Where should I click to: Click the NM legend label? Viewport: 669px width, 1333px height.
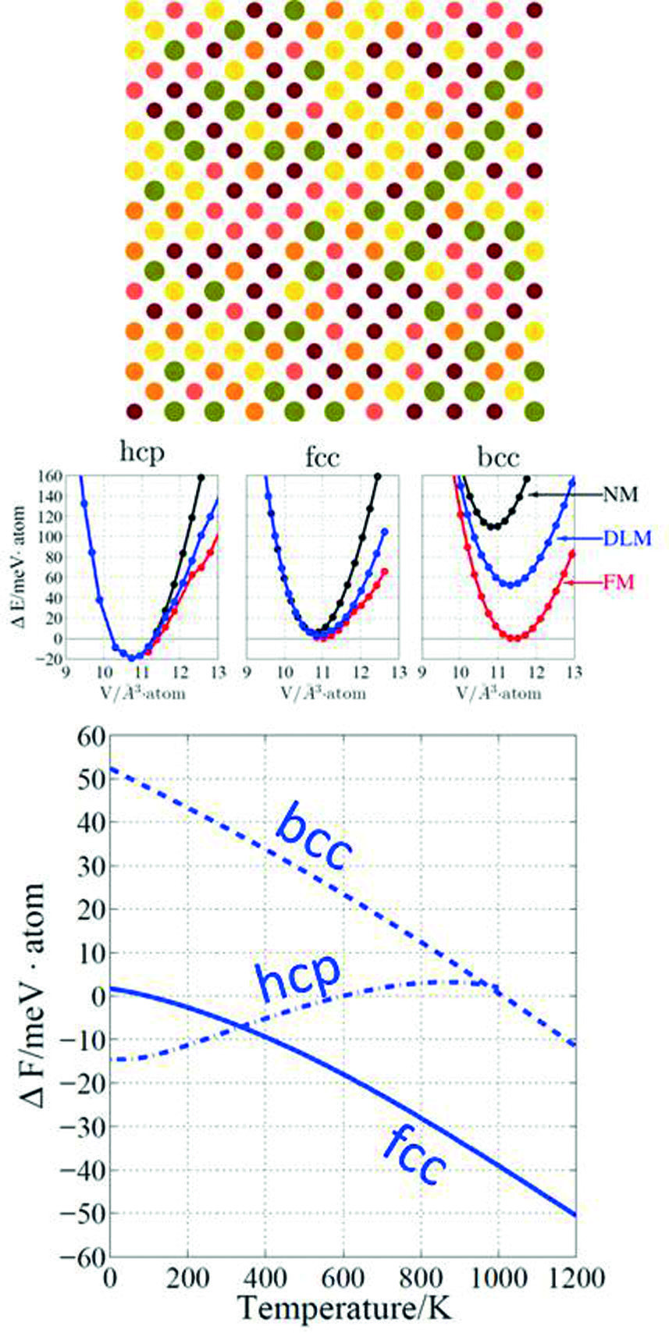tap(620, 495)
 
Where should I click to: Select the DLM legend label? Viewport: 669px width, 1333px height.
tap(626, 538)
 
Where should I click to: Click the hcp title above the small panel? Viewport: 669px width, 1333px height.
tap(142, 453)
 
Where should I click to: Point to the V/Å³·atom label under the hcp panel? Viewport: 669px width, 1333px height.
tap(142, 693)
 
